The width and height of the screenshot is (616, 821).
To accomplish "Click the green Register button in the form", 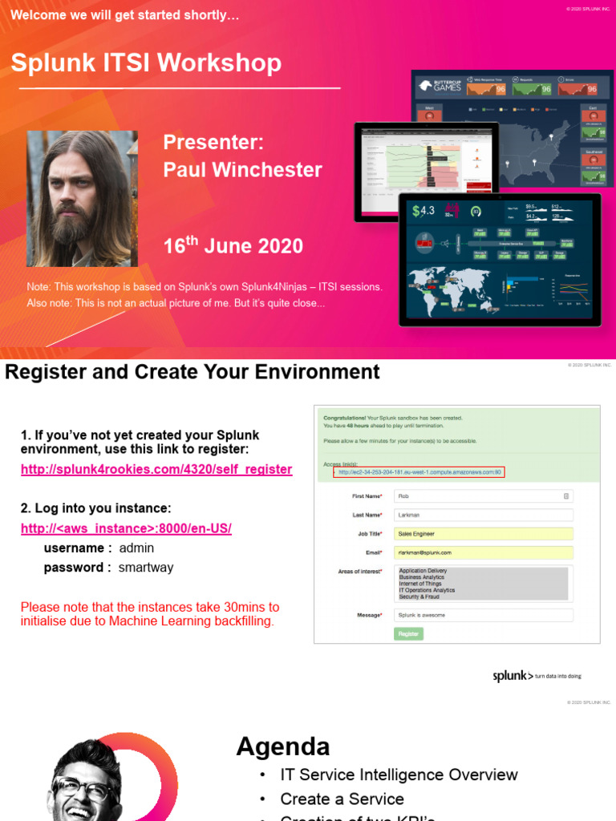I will click(409, 633).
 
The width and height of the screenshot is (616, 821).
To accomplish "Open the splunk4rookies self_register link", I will click(156, 469).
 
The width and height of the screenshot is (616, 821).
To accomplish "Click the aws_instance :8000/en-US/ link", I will click(126, 529).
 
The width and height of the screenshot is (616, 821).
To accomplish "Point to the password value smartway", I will click(146, 568).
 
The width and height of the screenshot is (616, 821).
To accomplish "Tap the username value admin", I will click(136, 548).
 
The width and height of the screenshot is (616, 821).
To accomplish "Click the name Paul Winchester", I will click(242, 170).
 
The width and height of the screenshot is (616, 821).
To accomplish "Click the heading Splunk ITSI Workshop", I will click(146, 63).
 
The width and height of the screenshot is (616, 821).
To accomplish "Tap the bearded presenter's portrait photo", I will click(83, 199).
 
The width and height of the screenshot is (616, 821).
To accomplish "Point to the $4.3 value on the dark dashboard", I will click(423, 212).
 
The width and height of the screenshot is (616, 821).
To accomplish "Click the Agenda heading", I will click(283, 747).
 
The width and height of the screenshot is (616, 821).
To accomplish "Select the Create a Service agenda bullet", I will click(342, 799).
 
